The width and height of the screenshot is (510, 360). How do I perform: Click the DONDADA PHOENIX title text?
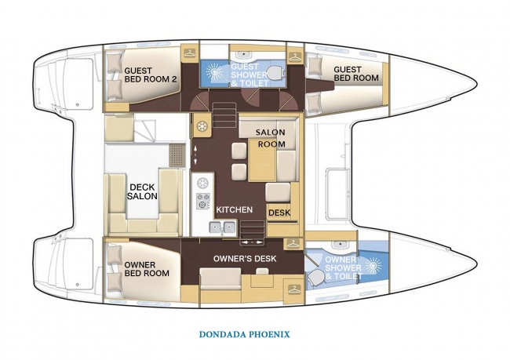pyautogui.click(x=244, y=334)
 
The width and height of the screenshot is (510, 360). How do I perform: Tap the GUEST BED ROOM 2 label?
pyautogui.click(x=151, y=75)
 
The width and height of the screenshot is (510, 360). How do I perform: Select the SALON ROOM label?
pyautogui.click(x=271, y=138)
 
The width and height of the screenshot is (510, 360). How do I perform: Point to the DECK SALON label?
pyautogui.click(x=142, y=191)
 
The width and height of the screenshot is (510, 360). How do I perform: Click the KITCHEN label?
pyautogui.click(x=234, y=209)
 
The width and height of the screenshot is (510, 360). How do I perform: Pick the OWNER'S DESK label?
pyautogui.click(x=245, y=259)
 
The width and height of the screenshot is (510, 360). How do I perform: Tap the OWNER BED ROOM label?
pyautogui.click(x=147, y=269)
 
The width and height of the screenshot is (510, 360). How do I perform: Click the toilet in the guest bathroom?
pyautogui.click(x=275, y=72)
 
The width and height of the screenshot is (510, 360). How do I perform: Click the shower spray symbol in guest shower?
pyautogui.click(x=214, y=71)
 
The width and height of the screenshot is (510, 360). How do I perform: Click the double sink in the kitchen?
pyautogui.click(x=223, y=227)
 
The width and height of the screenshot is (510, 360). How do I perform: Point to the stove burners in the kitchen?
pyautogui.click(x=203, y=201)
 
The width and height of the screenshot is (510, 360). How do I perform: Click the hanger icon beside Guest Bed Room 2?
pyautogui.click(x=190, y=52)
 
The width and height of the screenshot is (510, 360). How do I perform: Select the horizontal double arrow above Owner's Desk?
pyautogui.click(x=251, y=242)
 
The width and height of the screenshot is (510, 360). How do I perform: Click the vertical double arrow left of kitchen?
pyautogui.click(x=195, y=155)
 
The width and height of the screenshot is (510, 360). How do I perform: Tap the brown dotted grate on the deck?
pyautogui.click(x=177, y=155)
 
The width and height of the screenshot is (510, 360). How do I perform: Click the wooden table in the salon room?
pyautogui.click(x=262, y=159)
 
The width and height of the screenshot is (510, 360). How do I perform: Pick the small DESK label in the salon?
pyautogui.click(x=280, y=213)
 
